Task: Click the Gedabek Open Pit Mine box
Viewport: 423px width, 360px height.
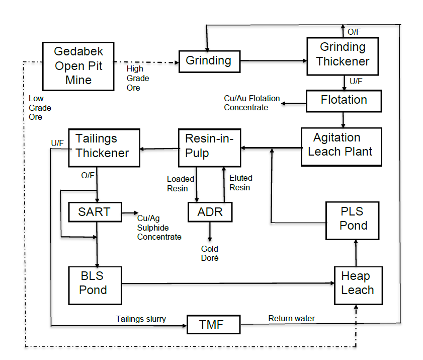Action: tap(78, 65)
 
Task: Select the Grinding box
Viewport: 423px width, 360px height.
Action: tap(209, 61)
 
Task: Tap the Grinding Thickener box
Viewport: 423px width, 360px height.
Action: tap(343, 55)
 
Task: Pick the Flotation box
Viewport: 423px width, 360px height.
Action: tap(344, 100)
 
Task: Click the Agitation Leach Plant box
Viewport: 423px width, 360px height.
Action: tap(341, 146)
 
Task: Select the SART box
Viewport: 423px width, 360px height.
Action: tap(95, 212)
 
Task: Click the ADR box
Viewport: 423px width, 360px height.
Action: tap(210, 212)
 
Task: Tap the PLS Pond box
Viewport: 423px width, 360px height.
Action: tap(353, 219)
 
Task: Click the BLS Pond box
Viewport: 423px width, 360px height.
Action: tap(95, 284)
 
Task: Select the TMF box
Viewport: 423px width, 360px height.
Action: tap(213, 325)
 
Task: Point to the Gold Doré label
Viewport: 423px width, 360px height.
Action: tap(210, 253)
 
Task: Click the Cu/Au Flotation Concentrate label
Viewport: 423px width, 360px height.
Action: tap(251, 103)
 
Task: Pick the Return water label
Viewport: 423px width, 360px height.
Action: tap(292, 318)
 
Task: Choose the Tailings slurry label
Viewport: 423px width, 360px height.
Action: tap(140, 319)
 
